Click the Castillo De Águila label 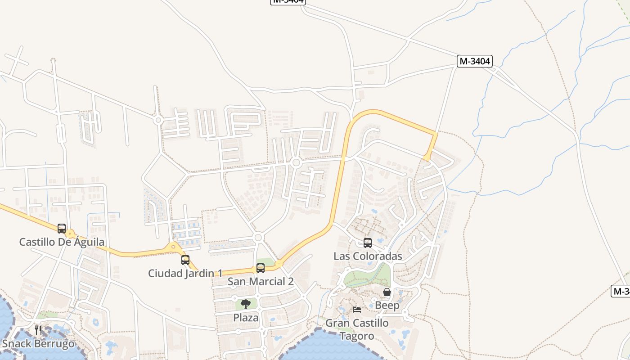pos(62,242)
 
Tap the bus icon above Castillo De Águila pos(62,229)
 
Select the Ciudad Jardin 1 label pos(185,273)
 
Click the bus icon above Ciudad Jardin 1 pos(185,260)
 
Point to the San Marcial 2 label pos(261,282)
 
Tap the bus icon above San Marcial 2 pos(261,268)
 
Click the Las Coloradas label pos(368,256)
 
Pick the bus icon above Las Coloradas pos(368,243)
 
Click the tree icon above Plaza pos(246,304)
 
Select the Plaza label pos(246,318)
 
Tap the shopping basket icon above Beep pos(387,292)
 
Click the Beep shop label pos(387,306)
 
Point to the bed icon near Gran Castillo pos(357,309)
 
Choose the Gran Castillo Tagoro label pos(357,329)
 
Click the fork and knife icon pos(38,330)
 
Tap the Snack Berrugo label pos(38,344)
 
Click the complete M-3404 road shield pos(475,61)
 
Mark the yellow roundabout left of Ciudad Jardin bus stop pos(173,247)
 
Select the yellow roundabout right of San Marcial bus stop pos(279,264)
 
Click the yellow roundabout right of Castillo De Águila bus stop pos(70,234)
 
